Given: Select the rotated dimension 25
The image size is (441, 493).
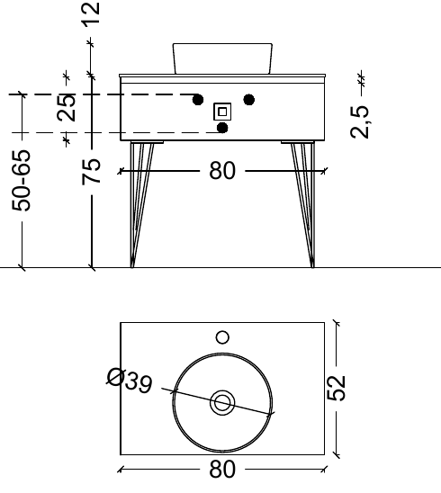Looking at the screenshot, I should point(66,108).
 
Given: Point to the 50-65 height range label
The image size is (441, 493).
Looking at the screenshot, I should point(22,180).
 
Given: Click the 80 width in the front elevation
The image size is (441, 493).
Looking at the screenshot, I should point(222,169).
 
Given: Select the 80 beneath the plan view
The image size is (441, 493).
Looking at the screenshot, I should point(222,470).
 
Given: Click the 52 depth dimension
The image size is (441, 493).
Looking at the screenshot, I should point(336,388).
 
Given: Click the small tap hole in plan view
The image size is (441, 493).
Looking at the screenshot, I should point(222,338).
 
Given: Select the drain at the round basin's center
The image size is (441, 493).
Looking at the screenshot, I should point(222,402).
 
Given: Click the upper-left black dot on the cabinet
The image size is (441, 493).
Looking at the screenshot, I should point(197,99).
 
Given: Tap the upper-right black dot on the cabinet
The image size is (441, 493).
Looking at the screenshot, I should point(249,98).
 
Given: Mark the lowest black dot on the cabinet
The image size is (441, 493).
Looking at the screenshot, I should point(222,129).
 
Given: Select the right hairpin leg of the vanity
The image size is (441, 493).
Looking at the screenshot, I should point(304,202).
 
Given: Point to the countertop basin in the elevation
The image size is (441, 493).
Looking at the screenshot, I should point(222,58).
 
